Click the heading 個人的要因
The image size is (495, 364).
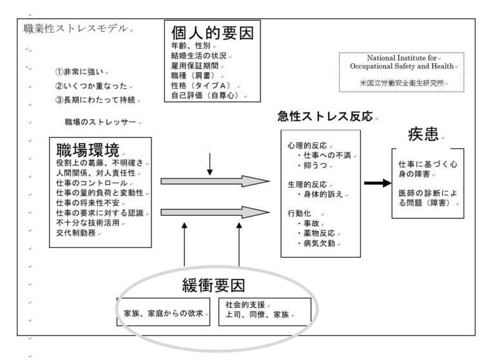tap(213, 33)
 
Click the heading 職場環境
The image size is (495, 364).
tap(88, 150)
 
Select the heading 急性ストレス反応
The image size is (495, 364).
tap(325, 117)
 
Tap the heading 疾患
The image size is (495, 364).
tap(423, 135)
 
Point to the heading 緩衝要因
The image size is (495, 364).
tap(214, 285)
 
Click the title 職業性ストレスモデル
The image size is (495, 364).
tap(75, 28)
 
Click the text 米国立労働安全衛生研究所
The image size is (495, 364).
tap(402, 82)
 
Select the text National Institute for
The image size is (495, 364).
tap(402, 58)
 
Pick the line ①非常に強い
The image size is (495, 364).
tap(79, 72)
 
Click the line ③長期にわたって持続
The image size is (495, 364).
tap(95, 100)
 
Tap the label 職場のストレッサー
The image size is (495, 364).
tap(101, 122)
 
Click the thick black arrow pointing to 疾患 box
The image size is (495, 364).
tap(378, 183)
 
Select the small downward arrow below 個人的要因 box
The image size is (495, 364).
tap(209, 164)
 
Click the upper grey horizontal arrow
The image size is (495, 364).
tap(215, 182)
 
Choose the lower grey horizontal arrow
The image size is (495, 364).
tap(215, 213)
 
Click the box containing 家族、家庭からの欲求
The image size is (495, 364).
tap(163, 312)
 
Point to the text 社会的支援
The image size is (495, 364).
tap(245, 305)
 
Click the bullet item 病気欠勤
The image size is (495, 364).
tap(316, 243)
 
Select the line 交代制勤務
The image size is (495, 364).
tap(76, 233)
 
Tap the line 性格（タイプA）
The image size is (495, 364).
tap(201, 86)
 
